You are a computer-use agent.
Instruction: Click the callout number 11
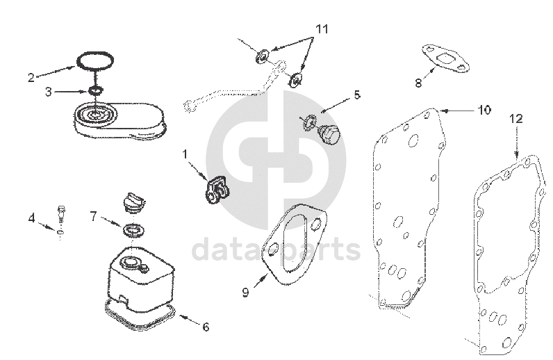(322, 28)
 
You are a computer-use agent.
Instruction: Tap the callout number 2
(31, 77)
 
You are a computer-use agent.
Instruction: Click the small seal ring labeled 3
(95, 91)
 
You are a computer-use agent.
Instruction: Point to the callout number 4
(32, 218)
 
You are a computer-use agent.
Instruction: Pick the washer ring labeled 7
(133, 230)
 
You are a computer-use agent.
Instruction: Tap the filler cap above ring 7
(133, 203)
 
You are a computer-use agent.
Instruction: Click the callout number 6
(206, 327)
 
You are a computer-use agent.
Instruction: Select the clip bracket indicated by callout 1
(216, 190)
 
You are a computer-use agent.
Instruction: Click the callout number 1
(185, 154)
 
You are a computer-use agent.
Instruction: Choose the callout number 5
(357, 95)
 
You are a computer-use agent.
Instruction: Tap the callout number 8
(418, 83)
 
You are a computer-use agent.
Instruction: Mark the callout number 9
(246, 292)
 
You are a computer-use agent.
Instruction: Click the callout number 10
(484, 110)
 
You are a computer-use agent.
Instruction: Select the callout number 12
(516, 119)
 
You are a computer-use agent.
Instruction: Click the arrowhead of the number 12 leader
(516, 154)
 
